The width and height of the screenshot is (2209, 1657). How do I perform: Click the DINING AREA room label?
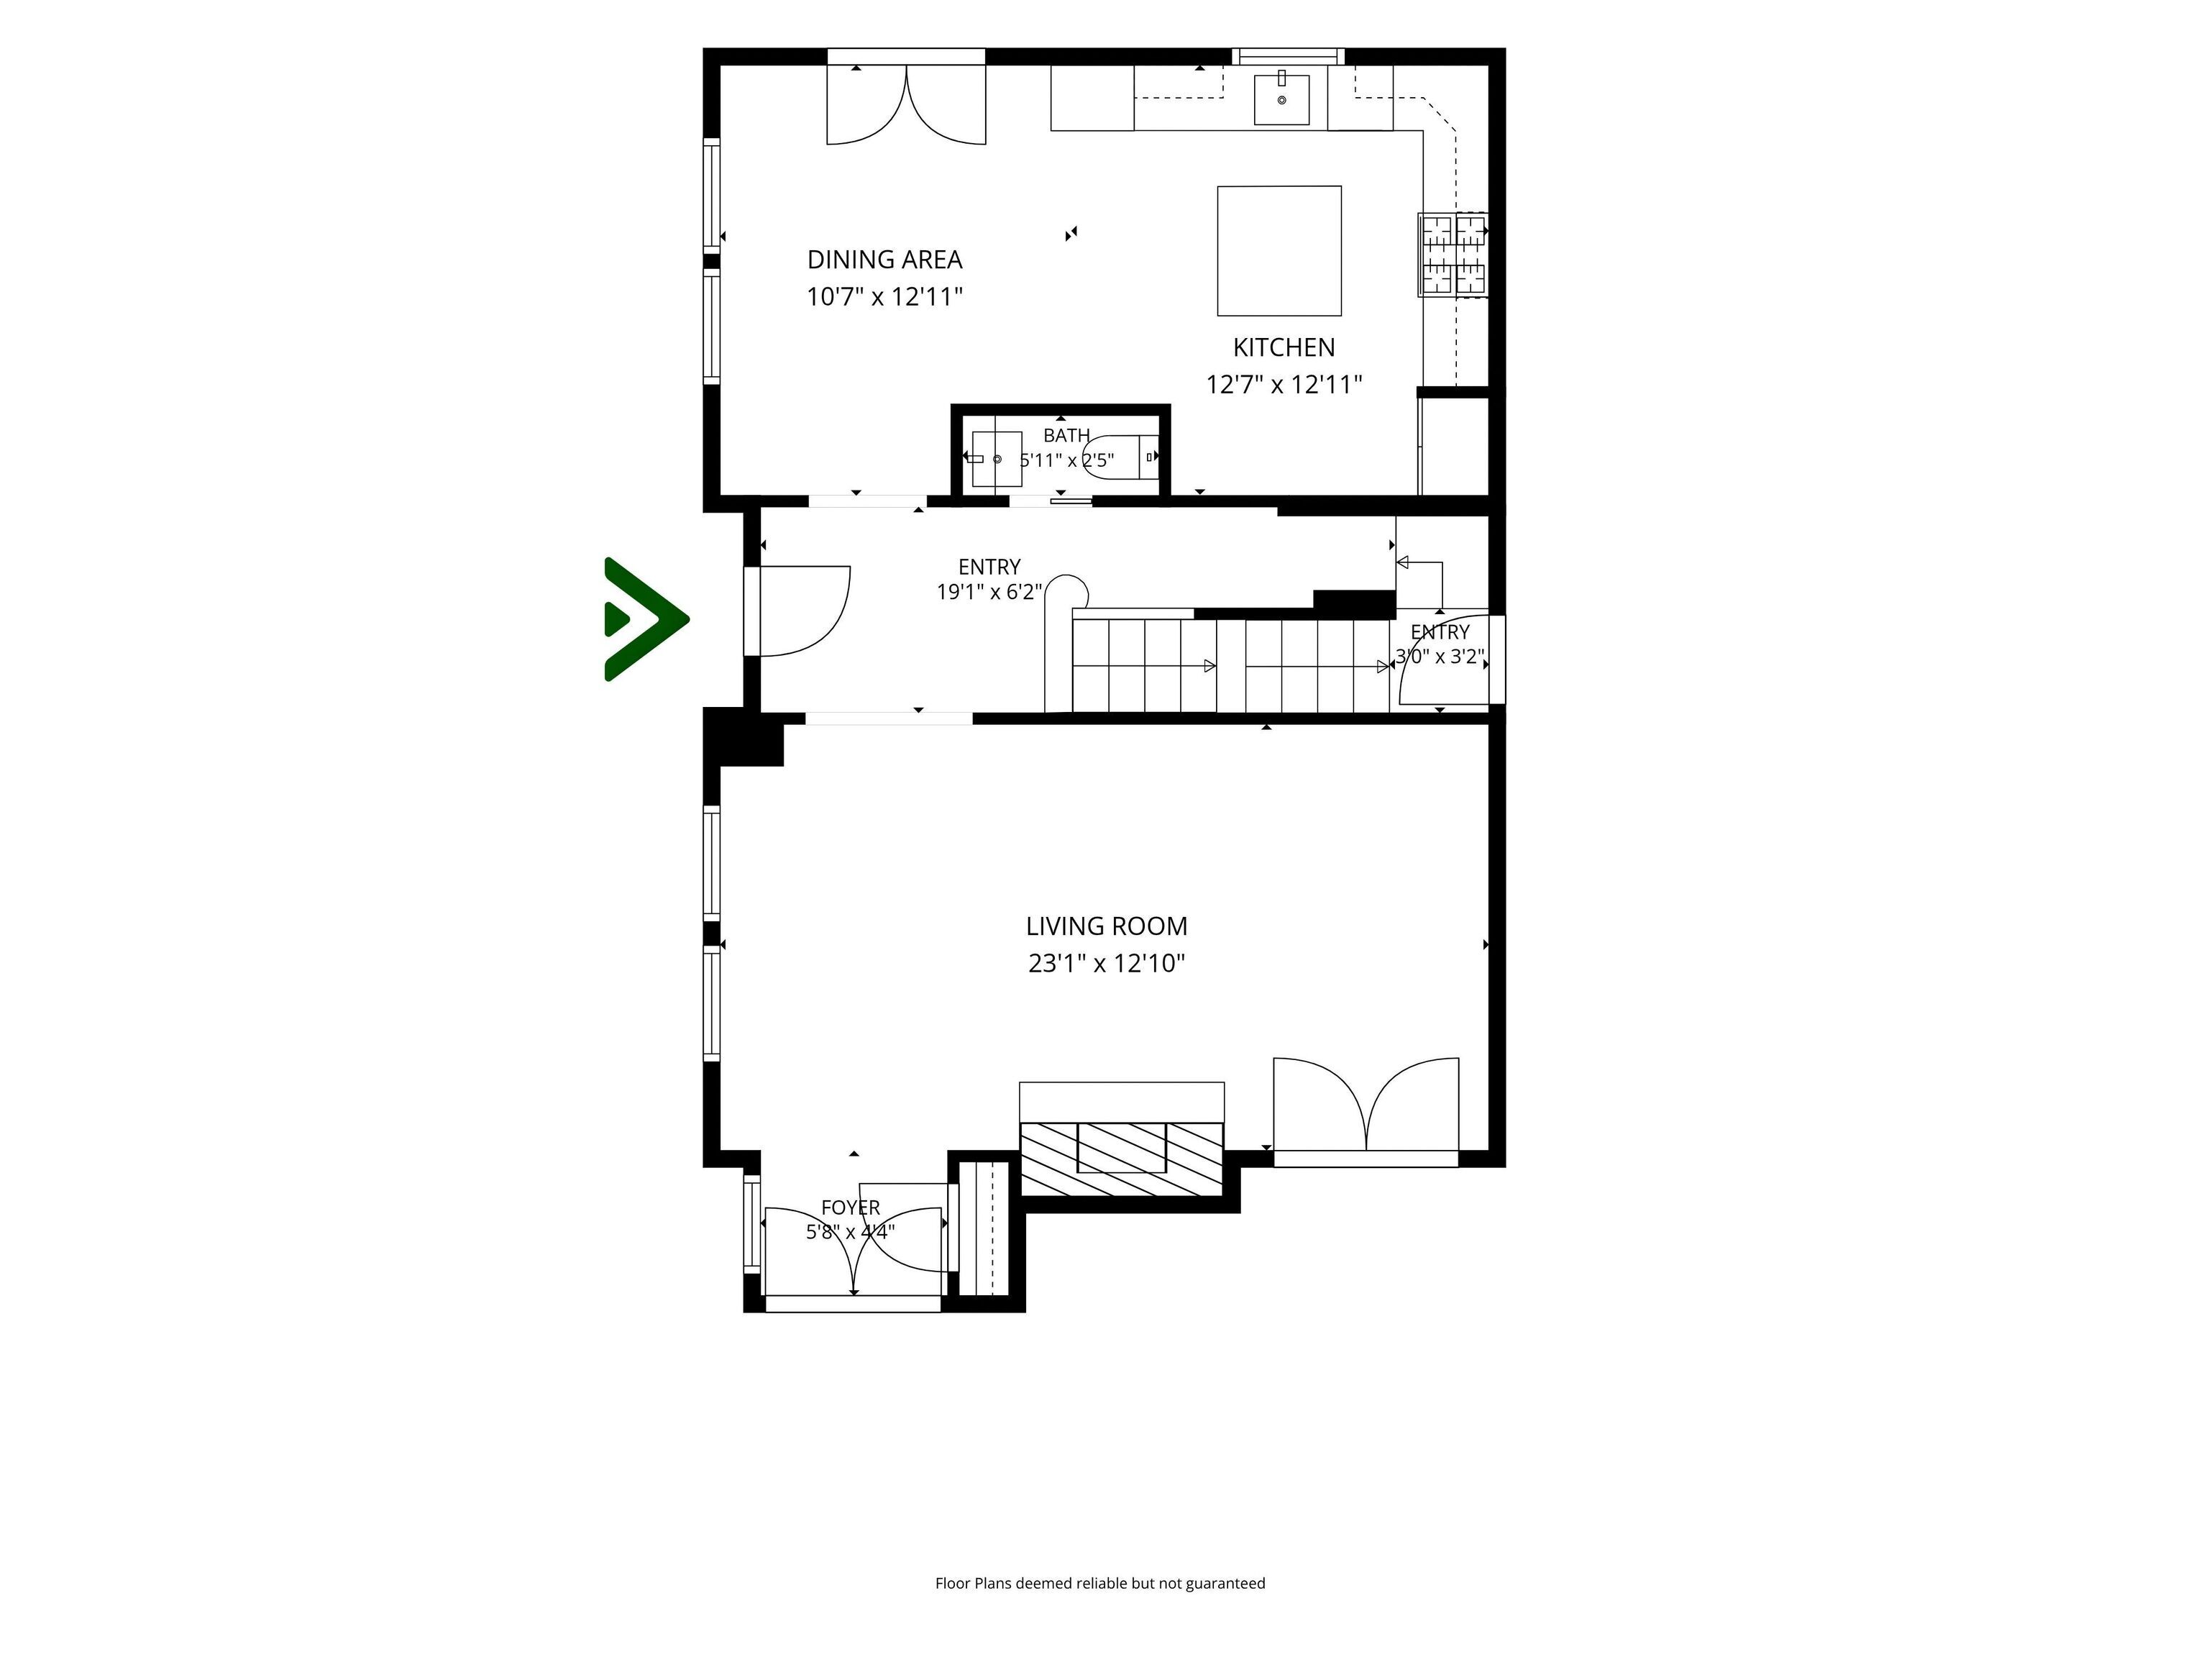884,260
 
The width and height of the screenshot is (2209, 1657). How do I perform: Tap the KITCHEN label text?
1284,347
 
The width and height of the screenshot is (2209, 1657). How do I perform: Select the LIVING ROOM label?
1107,926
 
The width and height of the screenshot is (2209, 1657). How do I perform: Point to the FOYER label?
851,1208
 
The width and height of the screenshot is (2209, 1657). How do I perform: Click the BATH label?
1066,436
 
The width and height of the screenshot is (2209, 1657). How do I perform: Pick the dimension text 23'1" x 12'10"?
1107,964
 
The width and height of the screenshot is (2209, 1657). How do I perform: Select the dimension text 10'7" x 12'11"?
884,296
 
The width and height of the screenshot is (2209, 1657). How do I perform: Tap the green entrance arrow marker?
645,619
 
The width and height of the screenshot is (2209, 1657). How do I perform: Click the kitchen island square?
1279,251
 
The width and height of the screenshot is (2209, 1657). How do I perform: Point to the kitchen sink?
1281,98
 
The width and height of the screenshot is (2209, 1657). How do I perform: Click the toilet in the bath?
1120,457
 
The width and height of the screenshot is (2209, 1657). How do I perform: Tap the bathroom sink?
997,458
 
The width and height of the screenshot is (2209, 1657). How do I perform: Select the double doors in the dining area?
907,105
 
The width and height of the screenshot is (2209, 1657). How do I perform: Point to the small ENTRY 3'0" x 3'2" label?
1440,644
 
